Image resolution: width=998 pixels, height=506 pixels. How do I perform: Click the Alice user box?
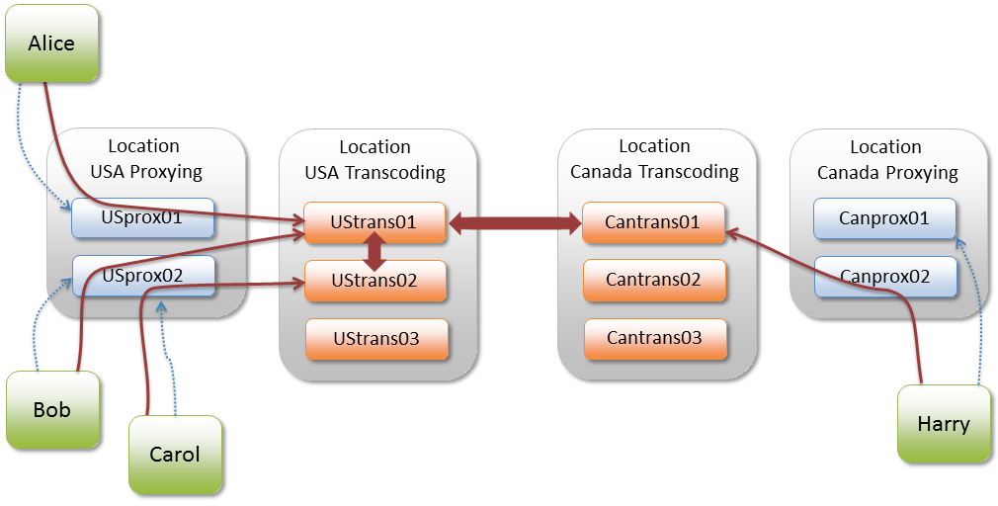point(51,42)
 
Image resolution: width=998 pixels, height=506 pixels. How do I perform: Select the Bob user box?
point(52,409)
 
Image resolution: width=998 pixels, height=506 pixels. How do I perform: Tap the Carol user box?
point(175,455)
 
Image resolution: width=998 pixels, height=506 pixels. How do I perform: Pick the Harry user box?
point(944,424)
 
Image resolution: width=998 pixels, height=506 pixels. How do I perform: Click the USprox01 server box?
point(142,218)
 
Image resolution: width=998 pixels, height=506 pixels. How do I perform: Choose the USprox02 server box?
point(142,276)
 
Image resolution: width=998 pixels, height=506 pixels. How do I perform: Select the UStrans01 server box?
point(374,222)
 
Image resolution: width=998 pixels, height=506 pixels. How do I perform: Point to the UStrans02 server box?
point(374,281)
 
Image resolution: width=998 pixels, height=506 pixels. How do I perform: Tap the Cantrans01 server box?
point(653,222)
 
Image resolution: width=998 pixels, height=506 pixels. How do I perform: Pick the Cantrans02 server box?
point(654,280)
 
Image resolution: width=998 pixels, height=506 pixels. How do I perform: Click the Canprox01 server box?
point(884,218)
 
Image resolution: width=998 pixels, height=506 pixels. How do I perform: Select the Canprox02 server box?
point(885,277)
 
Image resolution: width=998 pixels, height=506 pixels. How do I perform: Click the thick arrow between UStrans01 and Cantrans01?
point(515,224)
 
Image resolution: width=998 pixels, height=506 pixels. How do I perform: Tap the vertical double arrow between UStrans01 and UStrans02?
point(375,252)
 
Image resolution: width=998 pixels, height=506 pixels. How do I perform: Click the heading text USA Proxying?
point(145,172)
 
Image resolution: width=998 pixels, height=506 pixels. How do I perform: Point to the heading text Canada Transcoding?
point(654,172)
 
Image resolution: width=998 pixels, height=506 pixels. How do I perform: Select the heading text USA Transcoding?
point(374,173)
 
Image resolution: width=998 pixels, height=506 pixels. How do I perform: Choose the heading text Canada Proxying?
point(886,173)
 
